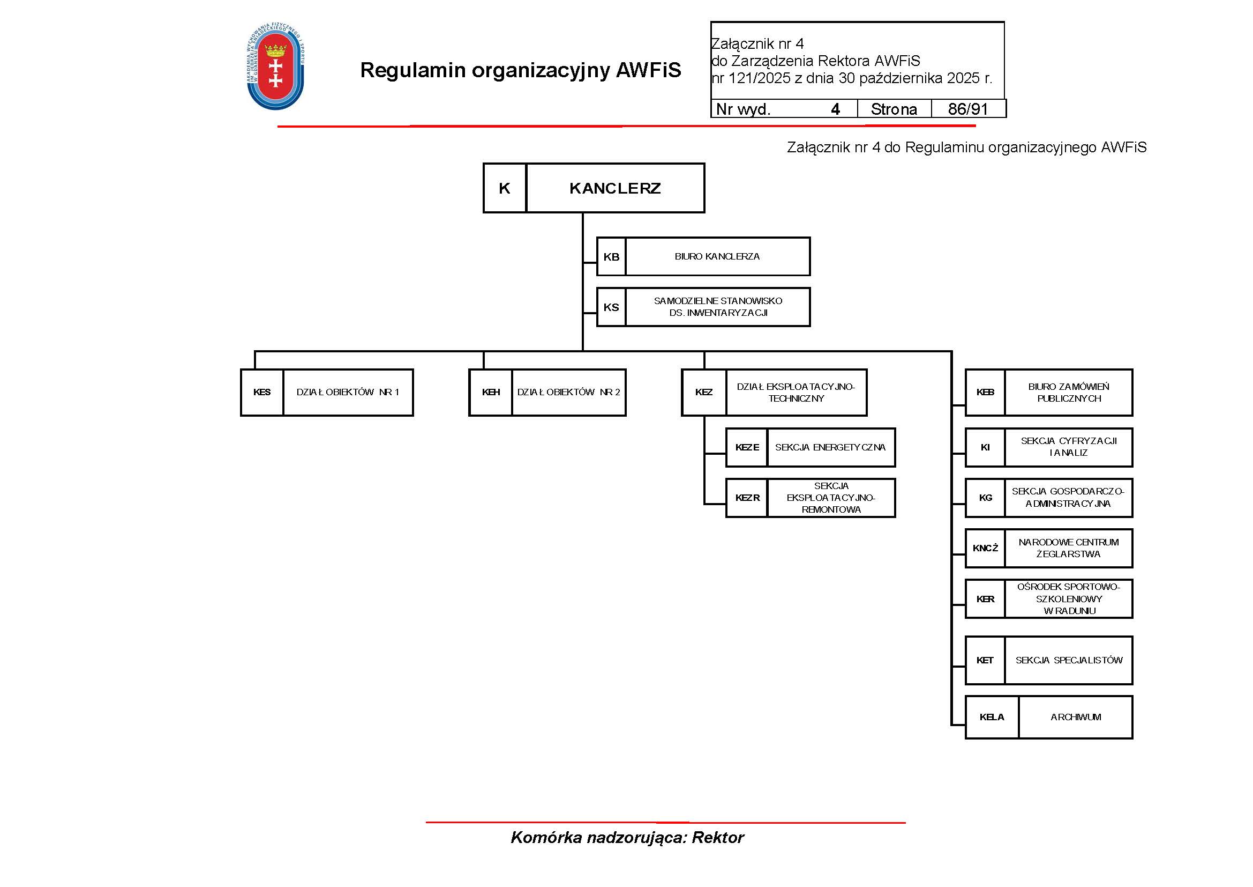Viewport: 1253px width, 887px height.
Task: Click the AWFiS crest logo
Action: [275, 66]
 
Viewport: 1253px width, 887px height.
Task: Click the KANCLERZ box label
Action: [615, 188]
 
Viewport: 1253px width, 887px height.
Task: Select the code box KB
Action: [611, 257]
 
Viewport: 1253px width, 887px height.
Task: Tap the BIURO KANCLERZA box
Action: [717, 257]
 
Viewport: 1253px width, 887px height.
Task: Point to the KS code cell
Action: [611, 307]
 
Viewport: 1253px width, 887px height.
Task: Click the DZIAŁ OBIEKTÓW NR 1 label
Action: [348, 392]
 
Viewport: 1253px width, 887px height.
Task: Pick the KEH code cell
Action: [491, 392]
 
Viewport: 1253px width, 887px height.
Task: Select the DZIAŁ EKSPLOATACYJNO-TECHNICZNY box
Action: [796, 393]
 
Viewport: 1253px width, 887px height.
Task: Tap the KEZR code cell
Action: [747, 498]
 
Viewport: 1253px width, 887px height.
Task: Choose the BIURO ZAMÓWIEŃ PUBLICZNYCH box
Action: [1068, 393]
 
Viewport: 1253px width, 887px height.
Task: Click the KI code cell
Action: [985, 447]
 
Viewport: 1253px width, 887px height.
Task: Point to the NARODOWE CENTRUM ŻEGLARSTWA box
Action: [1068, 548]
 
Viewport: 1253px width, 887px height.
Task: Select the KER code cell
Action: [985, 599]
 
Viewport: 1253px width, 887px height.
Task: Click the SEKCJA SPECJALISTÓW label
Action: [1069, 660]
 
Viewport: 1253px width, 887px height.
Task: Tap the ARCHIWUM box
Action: [1075, 717]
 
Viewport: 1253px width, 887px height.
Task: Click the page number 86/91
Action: [967, 109]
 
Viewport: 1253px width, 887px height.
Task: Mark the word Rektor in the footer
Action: [718, 837]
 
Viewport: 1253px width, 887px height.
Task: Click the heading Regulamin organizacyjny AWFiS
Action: [520, 70]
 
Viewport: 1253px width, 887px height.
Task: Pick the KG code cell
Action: [985, 498]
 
